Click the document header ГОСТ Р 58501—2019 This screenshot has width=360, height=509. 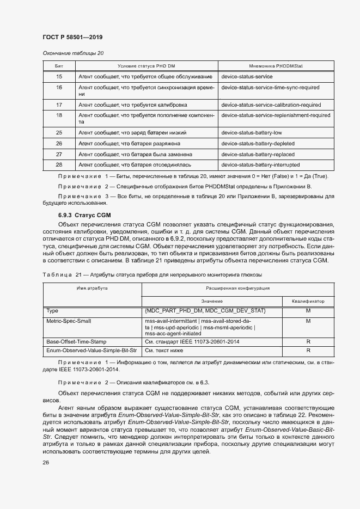point(72,37)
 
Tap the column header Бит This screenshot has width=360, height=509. point(59,66)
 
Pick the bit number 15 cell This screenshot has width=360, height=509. point(59,77)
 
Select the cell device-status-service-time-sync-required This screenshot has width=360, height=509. point(270,87)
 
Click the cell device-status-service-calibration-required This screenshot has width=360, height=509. point(271,105)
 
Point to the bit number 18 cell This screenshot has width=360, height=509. point(59,115)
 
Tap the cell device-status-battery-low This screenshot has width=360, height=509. point(252,132)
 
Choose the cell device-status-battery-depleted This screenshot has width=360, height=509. point(258,144)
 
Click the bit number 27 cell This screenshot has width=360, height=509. point(59,154)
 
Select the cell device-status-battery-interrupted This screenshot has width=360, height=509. point(260,164)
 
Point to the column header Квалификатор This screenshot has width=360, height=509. point(308,301)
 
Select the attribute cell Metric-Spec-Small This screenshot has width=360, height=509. point(69,321)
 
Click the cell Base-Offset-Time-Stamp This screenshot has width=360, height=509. point(77,341)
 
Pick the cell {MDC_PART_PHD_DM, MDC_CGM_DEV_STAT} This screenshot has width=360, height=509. point(205,310)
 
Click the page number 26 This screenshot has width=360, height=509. point(46,462)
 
